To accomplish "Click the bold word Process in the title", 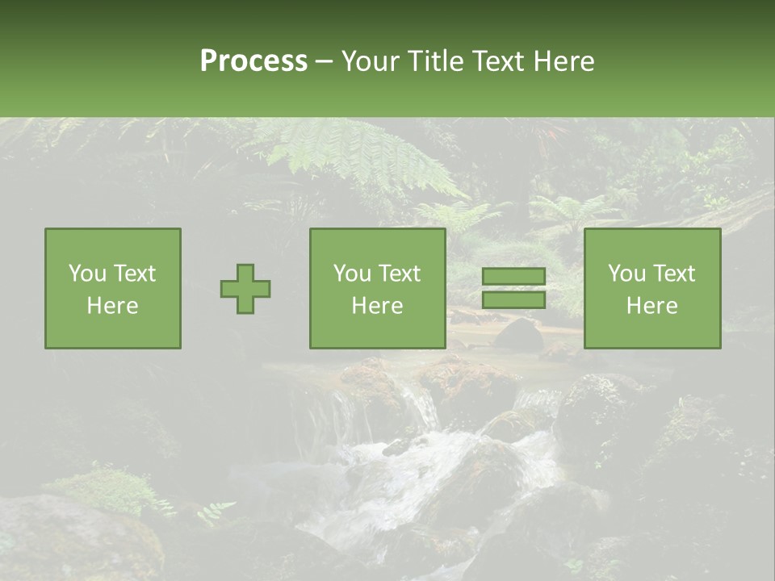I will (x=253, y=61).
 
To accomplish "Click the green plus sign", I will (x=245, y=289).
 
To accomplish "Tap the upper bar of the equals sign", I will (x=513, y=276).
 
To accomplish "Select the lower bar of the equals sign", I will (x=513, y=299).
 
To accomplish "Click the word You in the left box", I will (x=87, y=274).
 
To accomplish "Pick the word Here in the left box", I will (x=112, y=306).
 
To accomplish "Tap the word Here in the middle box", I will (x=377, y=306).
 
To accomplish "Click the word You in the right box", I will (x=626, y=274).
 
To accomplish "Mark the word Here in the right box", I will (x=651, y=306).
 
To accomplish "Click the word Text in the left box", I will (x=134, y=274).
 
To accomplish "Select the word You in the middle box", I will (x=352, y=274).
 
